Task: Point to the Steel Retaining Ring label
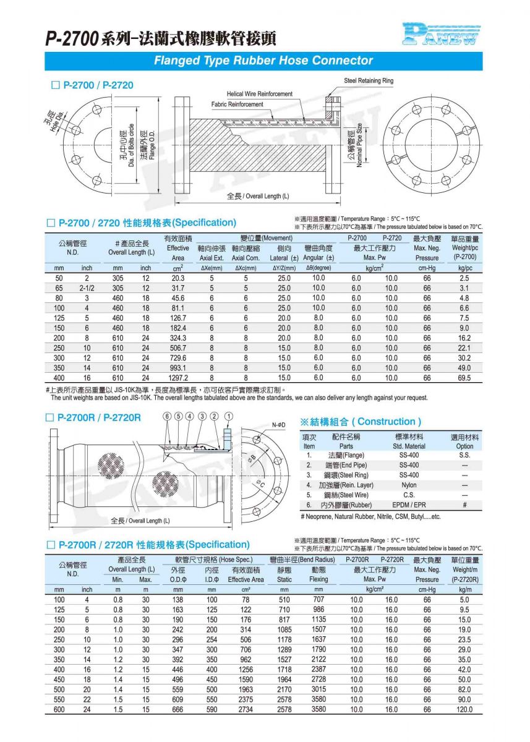pos(369,81)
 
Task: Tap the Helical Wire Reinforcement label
pos(259,94)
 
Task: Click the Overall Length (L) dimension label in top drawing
pos(258,196)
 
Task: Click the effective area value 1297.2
pos(178,378)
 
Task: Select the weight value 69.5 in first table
pos(464,378)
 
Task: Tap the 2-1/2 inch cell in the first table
pos(87,288)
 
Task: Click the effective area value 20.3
pos(178,278)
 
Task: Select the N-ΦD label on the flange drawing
pos(279,425)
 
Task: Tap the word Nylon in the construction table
pos(409,485)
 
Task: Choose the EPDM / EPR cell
pos(409,505)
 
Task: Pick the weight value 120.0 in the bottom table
pos(465,710)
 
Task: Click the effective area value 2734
pos(246,710)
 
